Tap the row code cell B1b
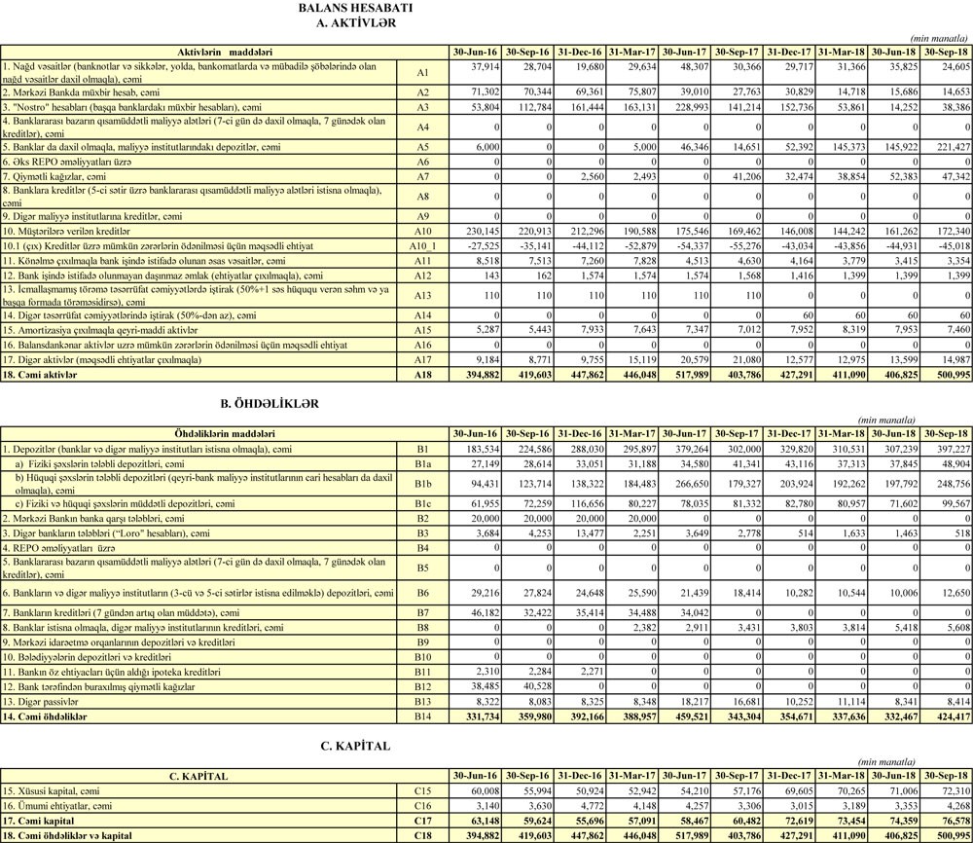[422, 483]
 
